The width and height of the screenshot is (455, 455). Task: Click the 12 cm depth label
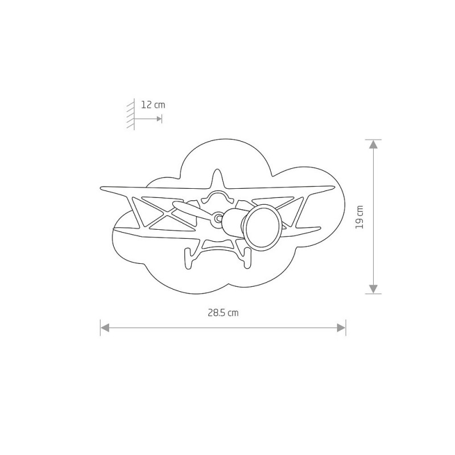153,105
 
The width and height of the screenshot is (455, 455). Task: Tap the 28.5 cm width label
223,313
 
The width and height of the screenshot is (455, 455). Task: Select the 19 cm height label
359,217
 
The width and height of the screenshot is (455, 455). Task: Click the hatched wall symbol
131,114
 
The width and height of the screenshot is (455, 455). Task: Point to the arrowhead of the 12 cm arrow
159,119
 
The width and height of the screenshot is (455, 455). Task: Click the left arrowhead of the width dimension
105,328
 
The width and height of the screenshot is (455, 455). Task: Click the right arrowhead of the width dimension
341,328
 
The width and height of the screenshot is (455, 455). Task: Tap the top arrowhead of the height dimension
373,144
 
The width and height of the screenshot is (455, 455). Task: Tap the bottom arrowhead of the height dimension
373,289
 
